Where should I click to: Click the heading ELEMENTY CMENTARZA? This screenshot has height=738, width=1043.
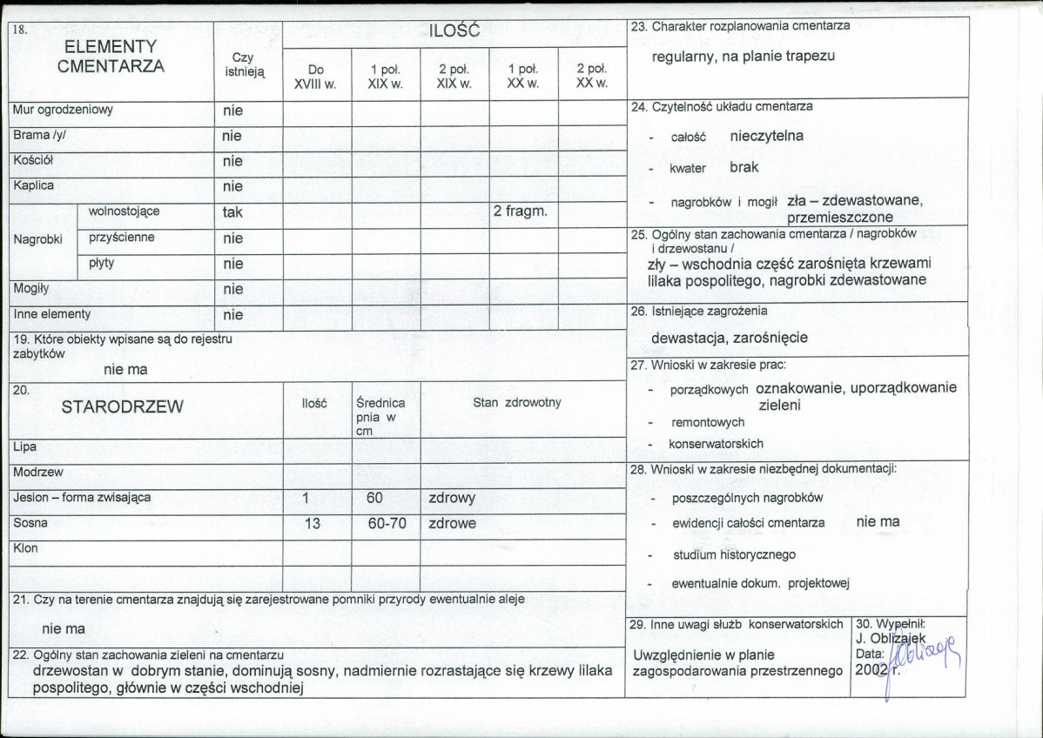[111, 56]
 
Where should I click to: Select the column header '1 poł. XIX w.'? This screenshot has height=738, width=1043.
[385, 77]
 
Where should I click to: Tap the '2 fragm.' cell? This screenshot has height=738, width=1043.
[520, 211]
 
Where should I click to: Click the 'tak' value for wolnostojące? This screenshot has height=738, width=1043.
[232, 212]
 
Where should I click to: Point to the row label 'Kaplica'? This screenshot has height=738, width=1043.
[33, 186]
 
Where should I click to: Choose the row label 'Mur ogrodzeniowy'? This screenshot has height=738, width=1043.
[63, 111]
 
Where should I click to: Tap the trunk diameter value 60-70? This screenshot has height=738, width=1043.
[386, 524]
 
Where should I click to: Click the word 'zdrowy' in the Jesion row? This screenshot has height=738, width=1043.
[452, 498]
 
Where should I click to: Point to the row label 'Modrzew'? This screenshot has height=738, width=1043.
[37, 472]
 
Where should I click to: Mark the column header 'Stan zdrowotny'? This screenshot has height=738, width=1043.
[517, 402]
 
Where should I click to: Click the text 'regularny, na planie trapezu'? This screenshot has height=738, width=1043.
[744, 56]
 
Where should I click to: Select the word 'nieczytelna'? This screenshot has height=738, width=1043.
[766, 136]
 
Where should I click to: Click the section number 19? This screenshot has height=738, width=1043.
[18, 339]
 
